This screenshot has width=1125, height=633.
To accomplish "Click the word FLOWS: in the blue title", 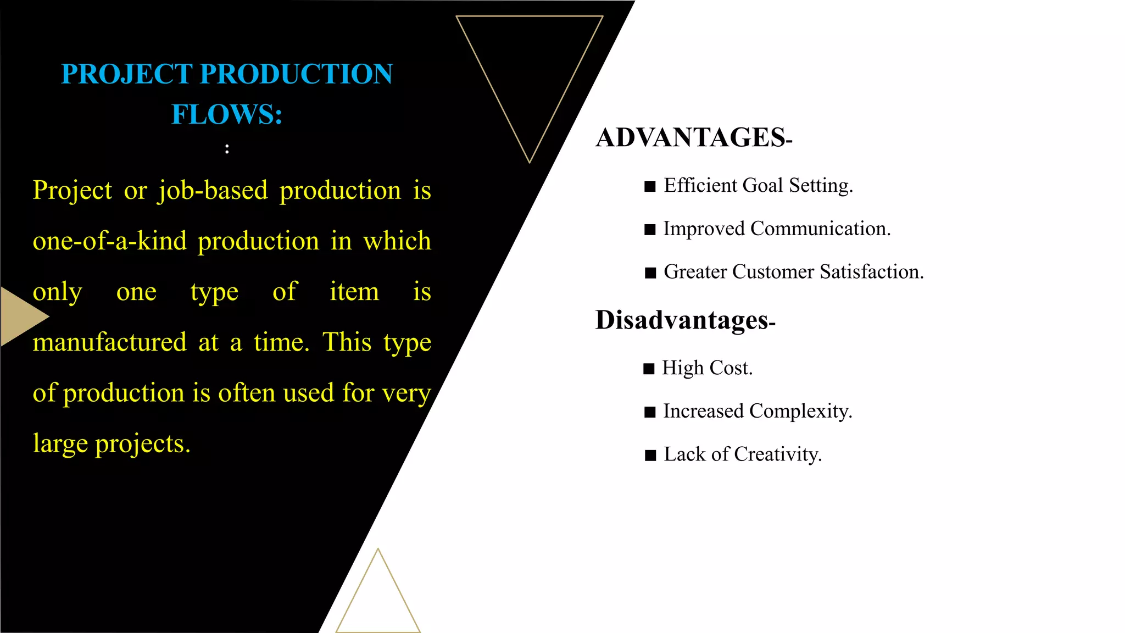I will pyautogui.click(x=227, y=114).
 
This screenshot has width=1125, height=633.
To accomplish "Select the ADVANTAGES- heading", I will pyautogui.click(x=693, y=137).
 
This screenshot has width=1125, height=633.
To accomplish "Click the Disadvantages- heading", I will pyautogui.click(x=684, y=320).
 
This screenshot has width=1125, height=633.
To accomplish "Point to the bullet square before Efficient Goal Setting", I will pyautogui.click(x=650, y=187).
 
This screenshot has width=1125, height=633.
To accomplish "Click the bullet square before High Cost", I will pyautogui.click(x=649, y=369).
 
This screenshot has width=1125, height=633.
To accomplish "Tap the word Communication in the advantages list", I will pyautogui.click(x=820, y=229).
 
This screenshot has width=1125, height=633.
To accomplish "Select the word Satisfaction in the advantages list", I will pyautogui.click(x=872, y=271).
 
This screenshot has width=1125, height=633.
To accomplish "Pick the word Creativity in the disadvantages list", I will pyautogui.click(x=777, y=454).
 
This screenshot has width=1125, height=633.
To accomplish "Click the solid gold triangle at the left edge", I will pyautogui.click(x=21, y=316).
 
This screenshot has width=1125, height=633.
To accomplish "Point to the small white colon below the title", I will pyautogui.click(x=227, y=148).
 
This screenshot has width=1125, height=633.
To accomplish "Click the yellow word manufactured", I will pyautogui.click(x=110, y=342).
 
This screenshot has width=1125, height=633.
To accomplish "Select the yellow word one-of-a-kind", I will pyautogui.click(x=110, y=241).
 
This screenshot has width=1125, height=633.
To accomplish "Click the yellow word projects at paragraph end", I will pyautogui.click(x=142, y=444).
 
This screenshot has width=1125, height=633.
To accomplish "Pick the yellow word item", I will pyautogui.click(x=354, y=292).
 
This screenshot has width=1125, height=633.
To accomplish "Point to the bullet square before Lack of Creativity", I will pyautogui.click(x=650, y=456).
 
